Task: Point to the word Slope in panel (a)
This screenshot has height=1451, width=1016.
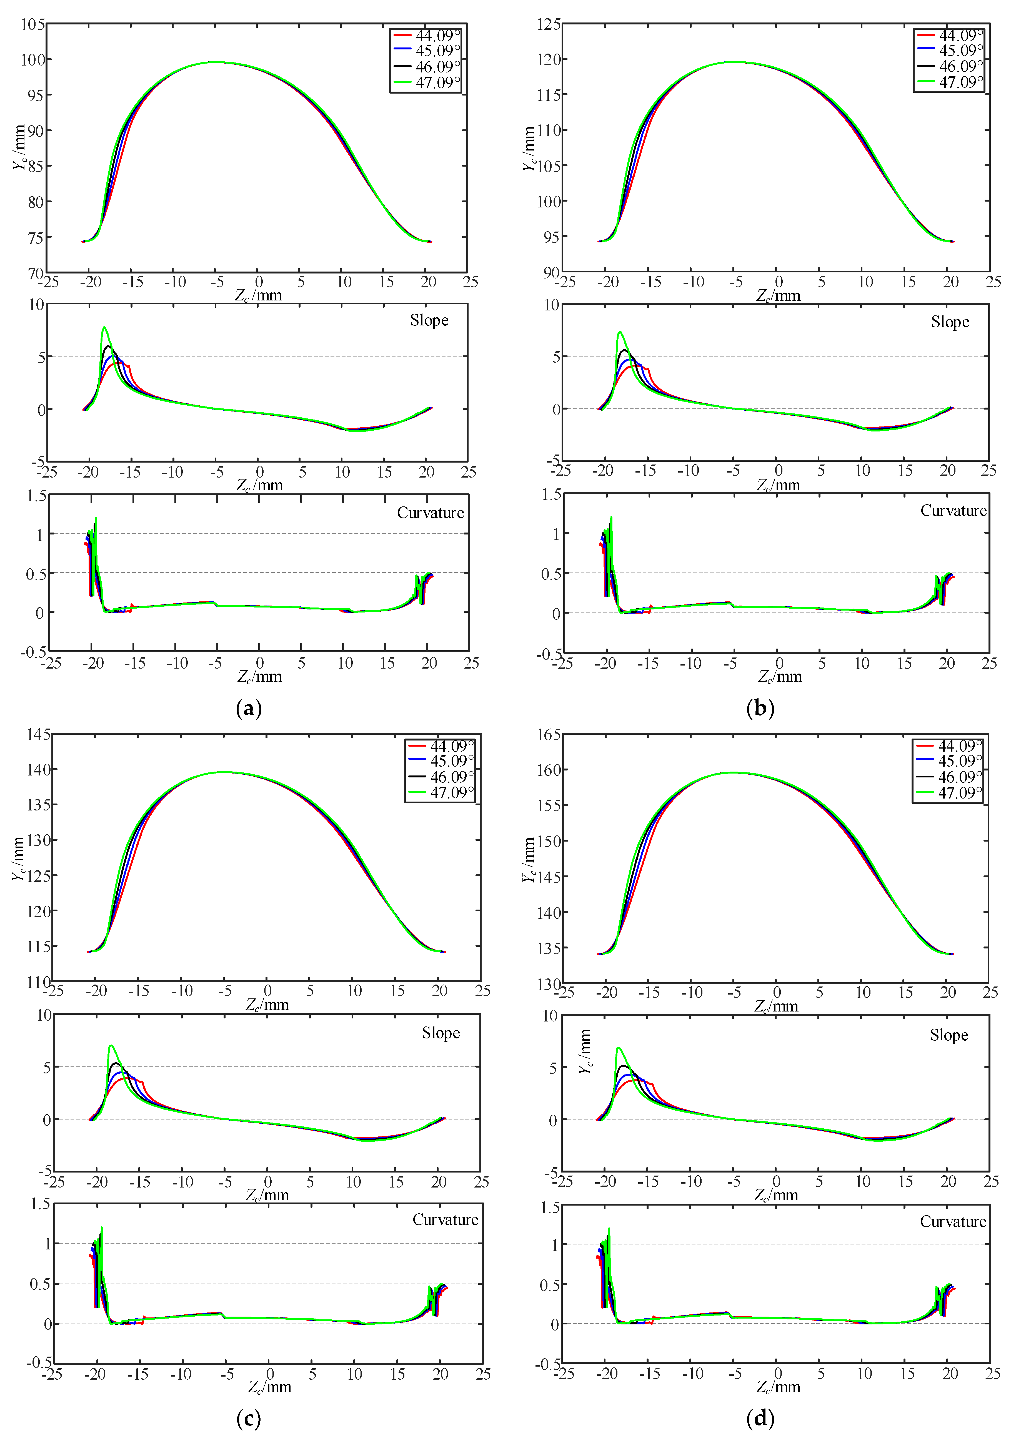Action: pos(429,320)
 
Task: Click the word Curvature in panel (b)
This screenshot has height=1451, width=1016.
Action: pos(953,511)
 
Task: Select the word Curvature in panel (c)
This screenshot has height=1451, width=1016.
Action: pos(445,1220)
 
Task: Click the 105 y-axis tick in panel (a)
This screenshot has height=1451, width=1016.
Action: pos(33,25)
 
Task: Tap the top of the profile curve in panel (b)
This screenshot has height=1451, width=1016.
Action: pos(733,62)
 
